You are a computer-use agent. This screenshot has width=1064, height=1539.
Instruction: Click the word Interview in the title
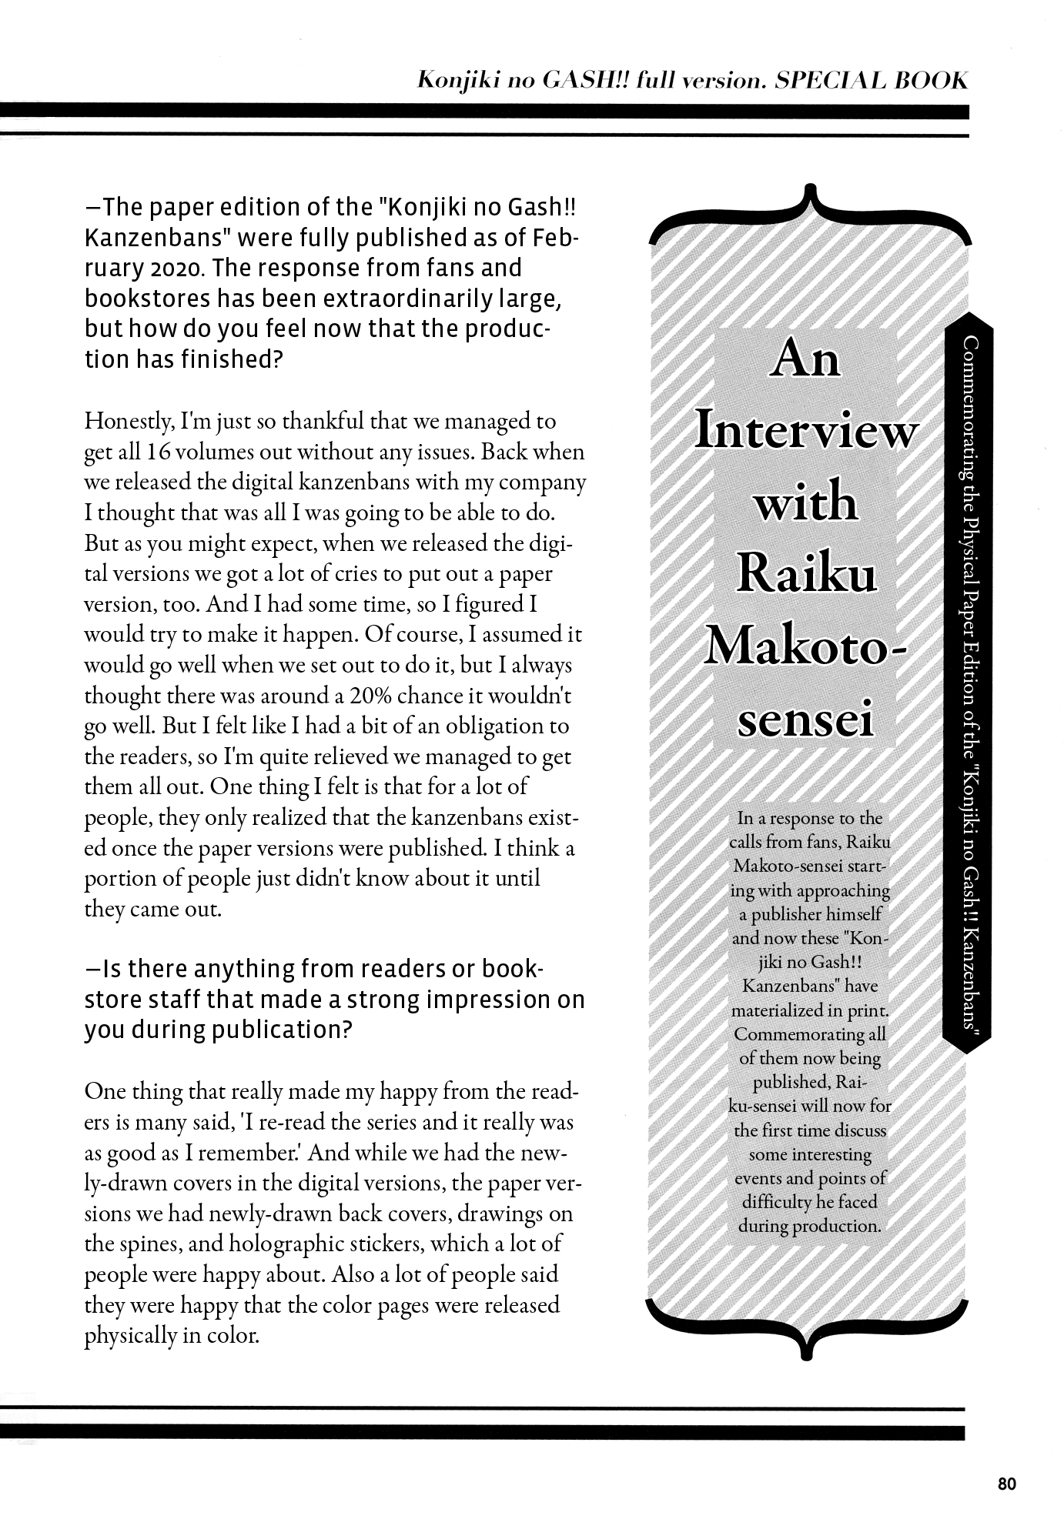click(805, 432)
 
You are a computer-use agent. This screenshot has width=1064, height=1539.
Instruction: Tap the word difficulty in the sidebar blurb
click(776, 1202)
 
